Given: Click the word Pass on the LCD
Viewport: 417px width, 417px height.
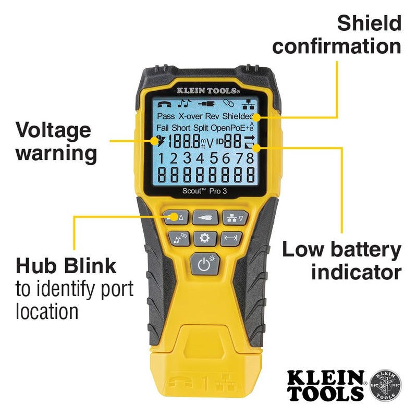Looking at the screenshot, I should (166, 116).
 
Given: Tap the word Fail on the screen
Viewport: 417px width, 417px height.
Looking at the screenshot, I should (164, 128).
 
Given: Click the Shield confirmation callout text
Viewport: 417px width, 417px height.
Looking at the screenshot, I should (337, 34).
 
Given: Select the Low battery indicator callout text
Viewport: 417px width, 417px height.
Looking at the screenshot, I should (341, 261).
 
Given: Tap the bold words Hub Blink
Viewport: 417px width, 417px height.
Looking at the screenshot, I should (66, 266).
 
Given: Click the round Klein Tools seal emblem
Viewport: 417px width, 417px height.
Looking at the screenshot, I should (385, 386).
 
